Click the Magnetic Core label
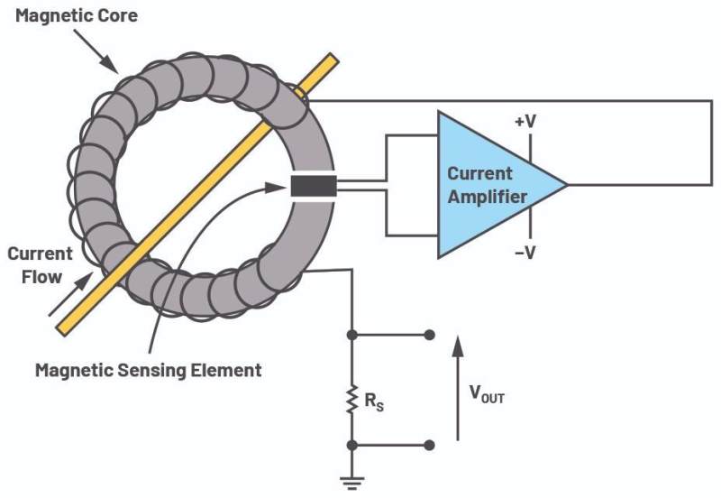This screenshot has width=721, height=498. tap(77, 15)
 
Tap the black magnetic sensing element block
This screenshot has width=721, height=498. tap(314, 186)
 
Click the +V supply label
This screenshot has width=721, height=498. tap(525, 122)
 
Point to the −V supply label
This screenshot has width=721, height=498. tap(525, 252)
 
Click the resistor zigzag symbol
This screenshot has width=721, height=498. tap(351, 400)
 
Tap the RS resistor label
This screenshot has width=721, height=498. tap(374, 401)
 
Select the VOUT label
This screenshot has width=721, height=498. tap(487, 394)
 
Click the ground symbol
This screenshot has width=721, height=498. tap(352, 483)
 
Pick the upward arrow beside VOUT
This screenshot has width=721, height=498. tap(457, 388)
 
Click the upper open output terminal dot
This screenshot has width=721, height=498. tap(429, 335)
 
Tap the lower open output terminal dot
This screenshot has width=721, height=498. tap(429, 445)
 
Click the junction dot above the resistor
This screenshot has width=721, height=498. tap(352, 335)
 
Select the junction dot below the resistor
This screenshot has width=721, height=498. tap(352, 445)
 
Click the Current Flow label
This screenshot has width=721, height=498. tap(41, 265)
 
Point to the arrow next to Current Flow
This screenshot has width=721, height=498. tap(71, 294)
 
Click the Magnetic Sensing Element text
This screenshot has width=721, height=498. tap(149, 370)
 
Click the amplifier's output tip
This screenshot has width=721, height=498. tap(569, 185)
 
